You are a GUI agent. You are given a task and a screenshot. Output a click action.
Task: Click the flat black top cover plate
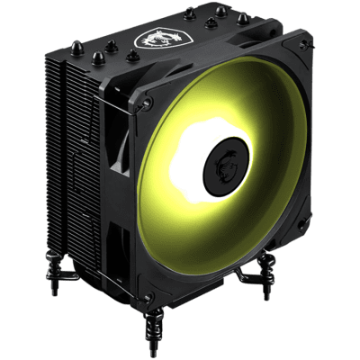(x=180, y=45)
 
